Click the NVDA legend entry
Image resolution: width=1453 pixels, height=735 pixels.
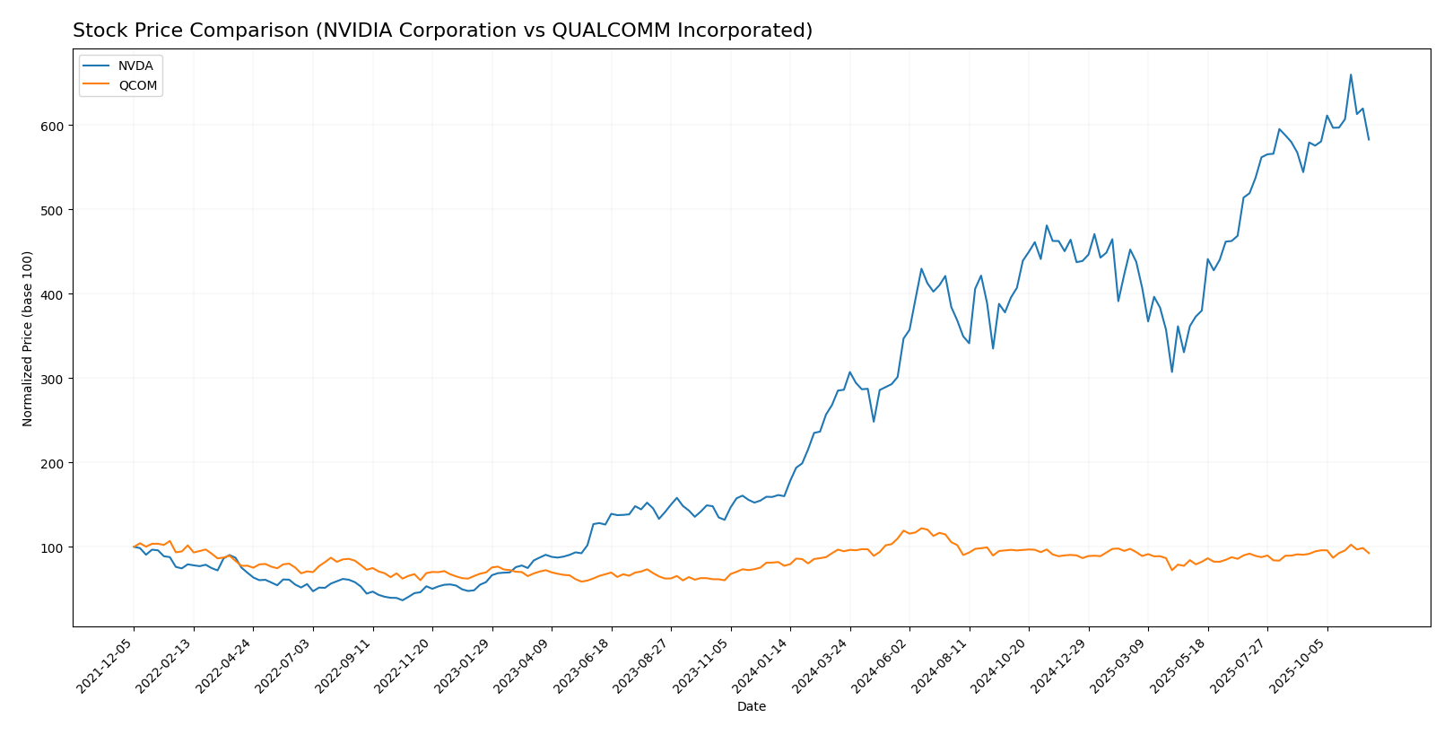pos(135,66)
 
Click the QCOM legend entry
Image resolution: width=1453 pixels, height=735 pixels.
pos(137,86)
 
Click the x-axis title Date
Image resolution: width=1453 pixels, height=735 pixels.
pos(752,707)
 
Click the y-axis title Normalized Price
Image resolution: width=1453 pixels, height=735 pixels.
pos(28,338)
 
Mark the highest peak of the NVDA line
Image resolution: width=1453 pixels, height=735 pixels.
pos(1351,74)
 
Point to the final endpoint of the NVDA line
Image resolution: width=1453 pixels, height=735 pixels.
pos(1369,139)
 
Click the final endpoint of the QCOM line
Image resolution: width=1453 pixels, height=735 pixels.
pos(1369,553)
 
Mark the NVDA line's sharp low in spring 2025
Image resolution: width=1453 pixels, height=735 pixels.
pos(1171,372)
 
